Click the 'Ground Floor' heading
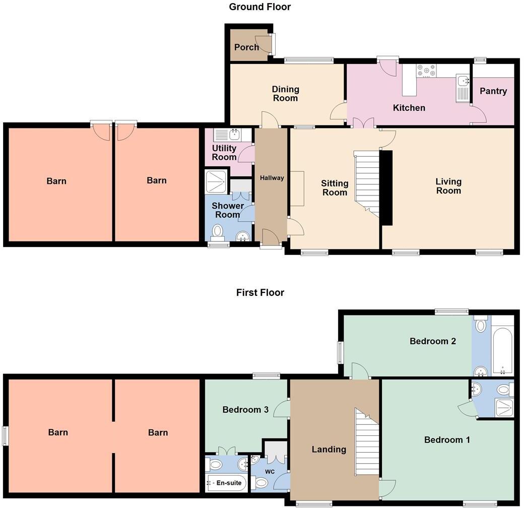coord(259,7)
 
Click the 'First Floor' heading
coord(260,293)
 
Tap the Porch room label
coord(246,47)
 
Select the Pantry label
coord(493,91)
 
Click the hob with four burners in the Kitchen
coord(426,72)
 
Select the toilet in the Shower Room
coord(218,232)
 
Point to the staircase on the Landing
coord(367,443)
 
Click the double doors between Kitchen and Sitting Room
coord(363,122)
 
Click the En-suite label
coord(229,483)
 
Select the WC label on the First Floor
coord(270,472)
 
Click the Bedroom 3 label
coord(245,410)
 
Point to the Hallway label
coord(272,178)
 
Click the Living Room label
coord(448,186)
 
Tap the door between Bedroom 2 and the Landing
coord(360,371)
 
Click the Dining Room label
coord(285,94)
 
